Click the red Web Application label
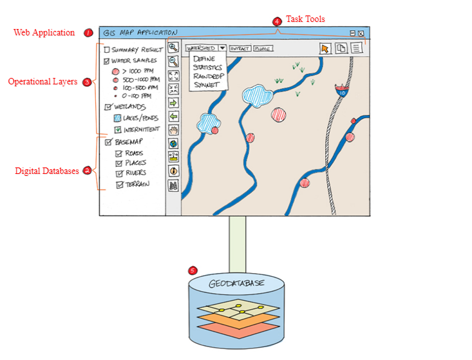click(x=44, y=32)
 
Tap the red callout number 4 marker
click(x=277, y=21)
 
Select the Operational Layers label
click(x=42, y=82)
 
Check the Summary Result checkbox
click(x=107, y=49)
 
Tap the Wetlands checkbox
click(x=108, y=106)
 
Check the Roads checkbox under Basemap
click(x=118, y=153)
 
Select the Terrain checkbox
click(x=119, y=185)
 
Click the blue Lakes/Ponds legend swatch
click(x=118, y=118)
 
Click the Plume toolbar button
click(x=263, y=48)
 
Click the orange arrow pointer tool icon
click(x=325, y=48)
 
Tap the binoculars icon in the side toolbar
click(x=173, y=185)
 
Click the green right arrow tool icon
click(x=173, y=102)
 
